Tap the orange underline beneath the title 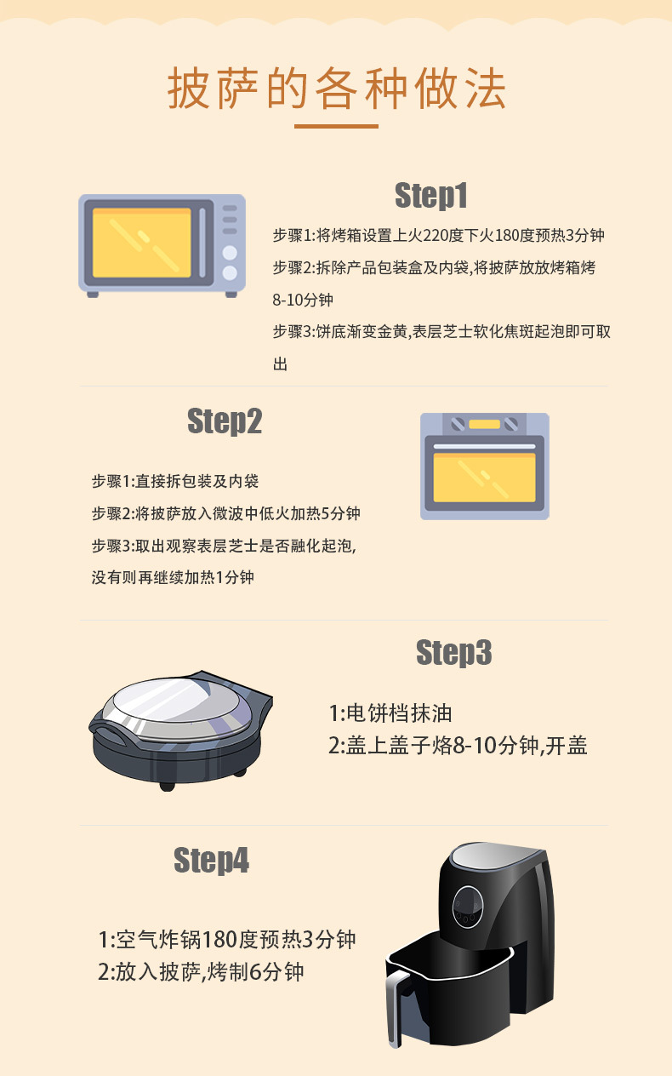[x=336, y=126]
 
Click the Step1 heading [x=431, y=196]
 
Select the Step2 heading [x=225, y=421]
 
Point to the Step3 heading [x=454, y=653]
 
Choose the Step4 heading [x=211, y=861]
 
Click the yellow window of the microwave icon [x=141, y=243]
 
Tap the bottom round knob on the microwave [x=230, y=273]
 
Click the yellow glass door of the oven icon [x=484, y=478]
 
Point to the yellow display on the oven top [x=484, y=424]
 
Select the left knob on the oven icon [x=458, y=424]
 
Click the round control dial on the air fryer [x=467, y=904]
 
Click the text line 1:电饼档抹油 [x=396, y=713]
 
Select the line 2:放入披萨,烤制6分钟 [x=201, y=971]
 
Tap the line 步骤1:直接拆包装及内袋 [x=175, y=482]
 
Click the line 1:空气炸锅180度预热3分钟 [x=227, y=940]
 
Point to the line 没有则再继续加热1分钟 [x=173, y=578]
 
